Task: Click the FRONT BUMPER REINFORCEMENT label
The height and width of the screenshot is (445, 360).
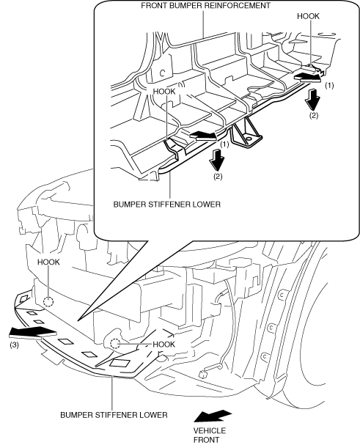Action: click(x=205, y=5)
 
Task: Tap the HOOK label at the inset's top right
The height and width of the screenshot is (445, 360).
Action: click(x=308, y=16)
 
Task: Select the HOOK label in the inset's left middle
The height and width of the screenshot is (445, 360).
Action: click(x=164, y=92)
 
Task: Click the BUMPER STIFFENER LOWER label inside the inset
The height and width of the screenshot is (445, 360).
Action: click(x=166, y=205)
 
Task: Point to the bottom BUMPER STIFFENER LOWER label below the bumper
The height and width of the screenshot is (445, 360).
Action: click(x=114, y=415)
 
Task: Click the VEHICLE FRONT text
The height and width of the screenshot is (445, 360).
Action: click(x=210, y=435)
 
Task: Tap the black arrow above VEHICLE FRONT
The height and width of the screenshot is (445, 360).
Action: click(x=213, y=416)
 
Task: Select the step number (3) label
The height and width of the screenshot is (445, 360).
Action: click(x=14, y=345)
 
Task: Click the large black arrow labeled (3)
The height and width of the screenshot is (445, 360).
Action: click(x=32, y=333)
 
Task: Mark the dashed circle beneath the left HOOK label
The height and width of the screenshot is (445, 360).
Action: click(x=48, y=302)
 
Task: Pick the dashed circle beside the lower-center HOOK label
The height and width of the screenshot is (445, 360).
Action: click(x=115, y=344)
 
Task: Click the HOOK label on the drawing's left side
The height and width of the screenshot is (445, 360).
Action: click(x=48, y=262)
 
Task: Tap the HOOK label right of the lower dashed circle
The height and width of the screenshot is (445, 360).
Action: click(x=164, y=345)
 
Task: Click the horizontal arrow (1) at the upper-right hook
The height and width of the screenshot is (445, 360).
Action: click(x=308, y=77)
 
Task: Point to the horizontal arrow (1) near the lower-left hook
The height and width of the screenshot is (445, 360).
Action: click(x=203, y=136)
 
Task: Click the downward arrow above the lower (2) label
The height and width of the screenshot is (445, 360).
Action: click(x=216, y=160)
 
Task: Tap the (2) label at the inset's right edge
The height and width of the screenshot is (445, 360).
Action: click(x=314, y=116)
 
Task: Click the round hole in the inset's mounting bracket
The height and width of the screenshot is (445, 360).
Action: click(x=249, y=139)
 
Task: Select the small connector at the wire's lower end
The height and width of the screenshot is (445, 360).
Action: click(x=202, y=375)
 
